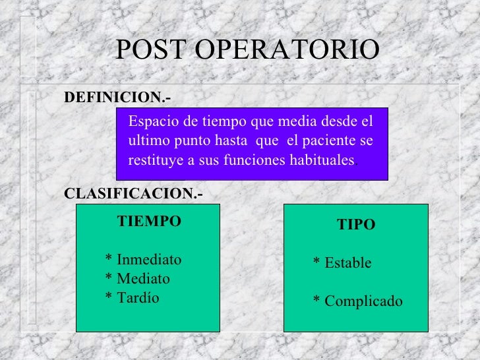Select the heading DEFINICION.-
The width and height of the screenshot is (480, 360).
[x=117, y=98]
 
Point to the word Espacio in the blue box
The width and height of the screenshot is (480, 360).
[x=151, y=121]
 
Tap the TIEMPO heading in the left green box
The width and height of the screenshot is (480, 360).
[x=148, y=222]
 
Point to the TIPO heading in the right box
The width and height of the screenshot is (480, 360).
[x=356, y=225]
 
